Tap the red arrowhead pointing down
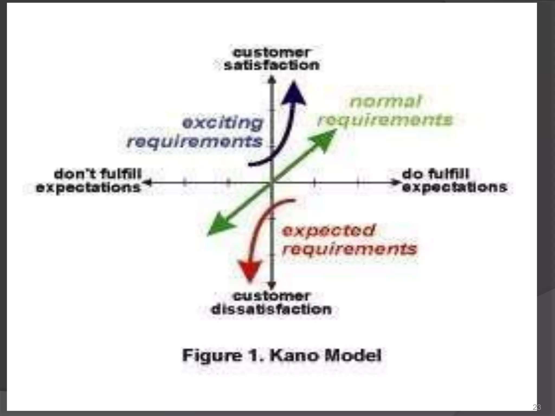pyautogui.click(x=250, y=271)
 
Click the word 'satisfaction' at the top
pyautogui.click(x=272, y=66)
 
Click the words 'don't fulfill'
pyautogui.click(x=98, y=174)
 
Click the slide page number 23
pyautogui.click(x=537, y=407)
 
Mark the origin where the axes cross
pyautogui.click(x=272, y=183)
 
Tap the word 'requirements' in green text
pyautogui.click(x=385, y=120)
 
